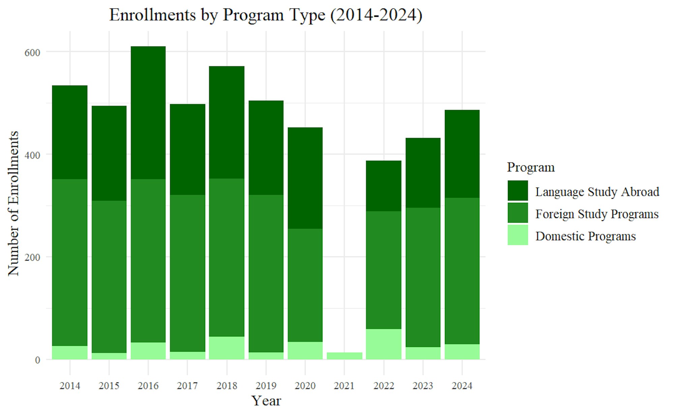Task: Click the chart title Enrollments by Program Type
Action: click(x=266, y=15)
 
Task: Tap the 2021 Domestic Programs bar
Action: click(x=344, y=356)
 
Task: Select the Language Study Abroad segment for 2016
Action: click(x=148, y=113)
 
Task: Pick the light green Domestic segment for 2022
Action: click(x=384, y=344)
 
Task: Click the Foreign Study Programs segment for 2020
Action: click(x=305, y=285)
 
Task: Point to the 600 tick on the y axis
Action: click(x=32, y=53)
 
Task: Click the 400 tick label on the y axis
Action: click(x=32, y=155)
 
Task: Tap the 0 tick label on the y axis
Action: click(x=37, y=360)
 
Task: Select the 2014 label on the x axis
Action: click(x=70, y=386)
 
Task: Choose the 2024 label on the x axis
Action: click(x=462, y=386)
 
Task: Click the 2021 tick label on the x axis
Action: click(x=344, y=386)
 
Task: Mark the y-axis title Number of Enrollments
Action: click(x=13, y=203)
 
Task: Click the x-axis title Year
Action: click(x=266, y=401)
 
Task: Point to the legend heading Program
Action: click(x=531, y=167)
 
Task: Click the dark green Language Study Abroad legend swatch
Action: click(x=518, y=191)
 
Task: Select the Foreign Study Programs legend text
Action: click(x=597, y=214)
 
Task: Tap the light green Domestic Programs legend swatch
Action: click(x=518, y=235)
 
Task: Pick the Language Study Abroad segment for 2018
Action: click(x=227, y=122)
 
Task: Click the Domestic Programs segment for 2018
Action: click(x=227, y=348)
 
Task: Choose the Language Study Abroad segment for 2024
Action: click(x=462, y=154)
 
